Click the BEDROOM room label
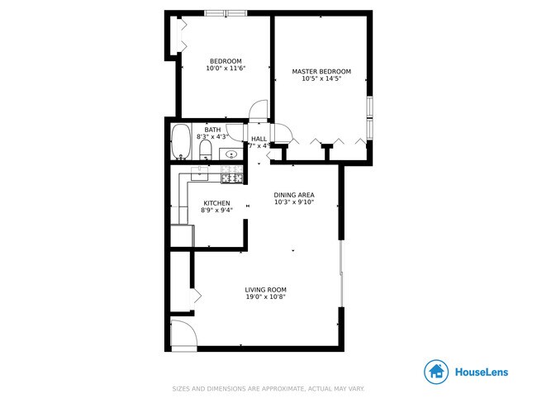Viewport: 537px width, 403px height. coord(226,61)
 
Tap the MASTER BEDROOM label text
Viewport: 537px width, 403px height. coord(321,72)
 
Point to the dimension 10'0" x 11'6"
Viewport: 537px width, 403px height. coord(226,69)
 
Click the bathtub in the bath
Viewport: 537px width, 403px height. coord(181,142)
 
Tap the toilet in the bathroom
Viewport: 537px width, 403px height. coord(205,149)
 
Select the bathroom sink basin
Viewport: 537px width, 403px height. coord(232,154)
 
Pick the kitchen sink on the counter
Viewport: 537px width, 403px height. coord(200,173)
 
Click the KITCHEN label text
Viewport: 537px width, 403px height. coord(216,203)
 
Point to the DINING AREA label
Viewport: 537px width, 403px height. coord(294,195)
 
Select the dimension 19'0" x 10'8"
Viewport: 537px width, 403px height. coord(265,297)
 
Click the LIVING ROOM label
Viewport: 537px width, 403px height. coord(265,289)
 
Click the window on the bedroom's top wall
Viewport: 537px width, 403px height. coord(226,13)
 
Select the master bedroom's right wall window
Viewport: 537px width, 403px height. coord(371,116)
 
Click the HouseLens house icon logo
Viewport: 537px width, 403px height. coord(436,372)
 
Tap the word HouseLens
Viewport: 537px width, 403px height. coord(482,372)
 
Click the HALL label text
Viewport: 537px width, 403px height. coord(259,139)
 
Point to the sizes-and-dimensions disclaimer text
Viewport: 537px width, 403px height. coord(268,389)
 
